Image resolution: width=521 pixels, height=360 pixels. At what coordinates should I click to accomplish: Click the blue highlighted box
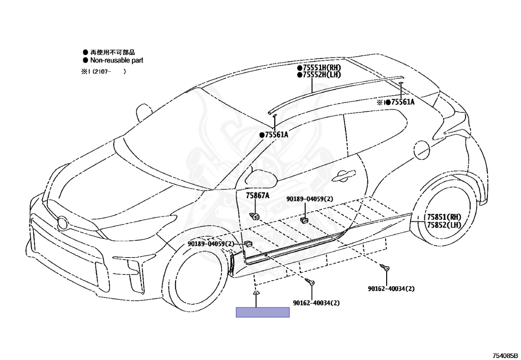[263, 312]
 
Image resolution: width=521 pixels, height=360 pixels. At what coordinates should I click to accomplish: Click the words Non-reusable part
[117, 60]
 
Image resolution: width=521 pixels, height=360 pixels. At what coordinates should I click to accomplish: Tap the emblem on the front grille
[63, 223]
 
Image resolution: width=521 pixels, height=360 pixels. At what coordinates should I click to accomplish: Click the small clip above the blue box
[256, 293]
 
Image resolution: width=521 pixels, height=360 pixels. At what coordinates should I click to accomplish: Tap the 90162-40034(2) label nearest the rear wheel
[391, 289]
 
